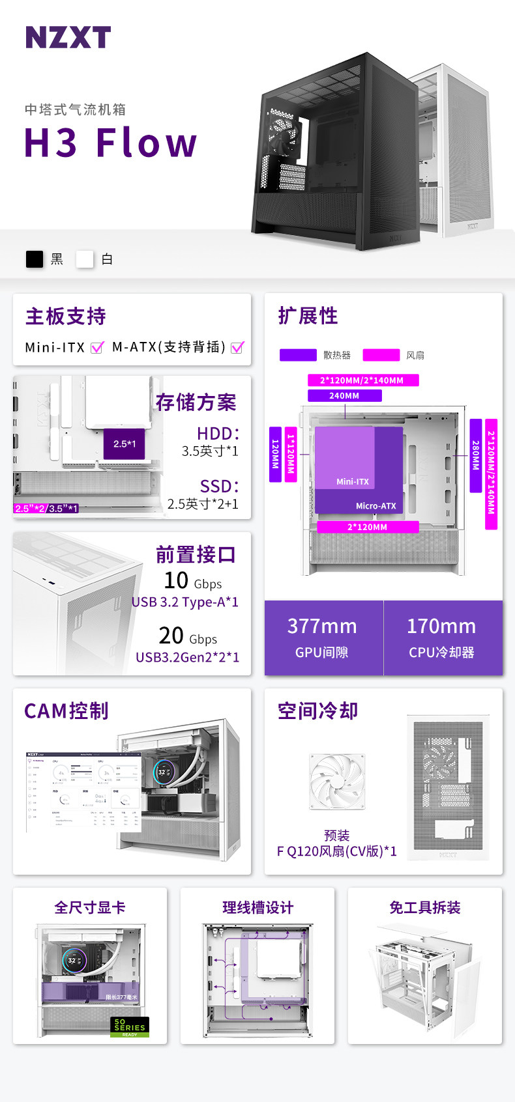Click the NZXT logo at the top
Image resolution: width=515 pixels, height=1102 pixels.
[x=68, y=37]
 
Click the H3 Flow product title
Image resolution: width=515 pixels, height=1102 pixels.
[x=110, y=143]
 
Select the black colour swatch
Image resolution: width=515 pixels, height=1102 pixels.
[x=35, y=259]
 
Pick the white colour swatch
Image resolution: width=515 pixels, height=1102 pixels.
[x=85, y=259]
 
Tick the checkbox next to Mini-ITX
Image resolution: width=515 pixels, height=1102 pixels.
[x=97, y=347]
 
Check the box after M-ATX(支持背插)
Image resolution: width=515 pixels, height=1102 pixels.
[x=237, y=347]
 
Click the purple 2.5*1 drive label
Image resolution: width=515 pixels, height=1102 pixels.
[x=125, y=444]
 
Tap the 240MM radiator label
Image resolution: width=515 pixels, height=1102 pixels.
[x=344, y=395]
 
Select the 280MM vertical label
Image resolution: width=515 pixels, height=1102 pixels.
[x=476, y=455]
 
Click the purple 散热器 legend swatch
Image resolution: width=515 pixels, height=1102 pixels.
[x=298, y=355]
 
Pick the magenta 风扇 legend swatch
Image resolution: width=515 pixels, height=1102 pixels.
[x=381, y=355]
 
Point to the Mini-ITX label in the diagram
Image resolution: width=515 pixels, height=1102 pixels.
[x=353, y=481]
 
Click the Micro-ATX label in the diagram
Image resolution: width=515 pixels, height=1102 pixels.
[x=375, y=505]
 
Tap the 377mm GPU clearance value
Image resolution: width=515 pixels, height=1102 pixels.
[x=322, y=627]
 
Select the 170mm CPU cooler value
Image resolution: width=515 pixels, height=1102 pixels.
[x=441, y=627]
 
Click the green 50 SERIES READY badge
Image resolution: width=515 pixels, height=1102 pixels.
[x=130, y=1027]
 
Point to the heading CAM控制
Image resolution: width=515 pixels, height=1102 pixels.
[x=66, y=711]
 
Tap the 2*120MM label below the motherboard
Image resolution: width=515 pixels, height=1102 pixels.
[x=367, y=527]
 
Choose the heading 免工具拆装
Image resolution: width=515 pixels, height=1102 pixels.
[x=425, y=907]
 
